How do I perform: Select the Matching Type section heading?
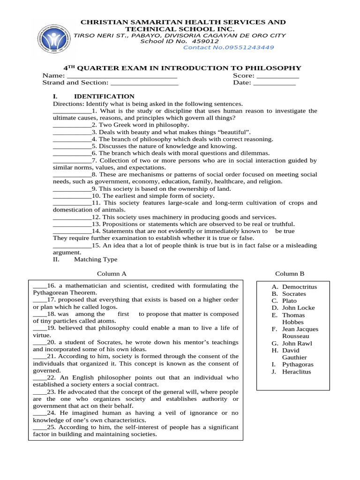point(96,259)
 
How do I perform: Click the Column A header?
point(112,274)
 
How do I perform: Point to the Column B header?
point(289,274)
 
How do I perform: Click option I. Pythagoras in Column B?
point(293,364)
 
